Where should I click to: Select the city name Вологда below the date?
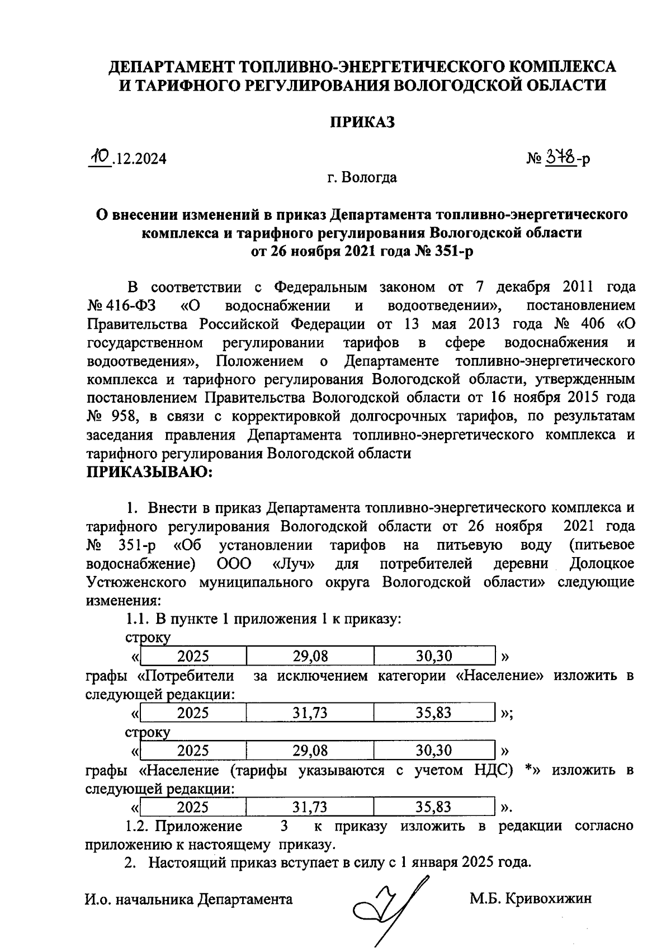[x=370, y=178]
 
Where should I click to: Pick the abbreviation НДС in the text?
[x=492, y=770]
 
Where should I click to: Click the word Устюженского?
[x=136, y=582]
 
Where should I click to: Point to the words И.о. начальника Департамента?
[x=188, y=899]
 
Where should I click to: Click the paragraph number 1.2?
[x=138, y=826]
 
